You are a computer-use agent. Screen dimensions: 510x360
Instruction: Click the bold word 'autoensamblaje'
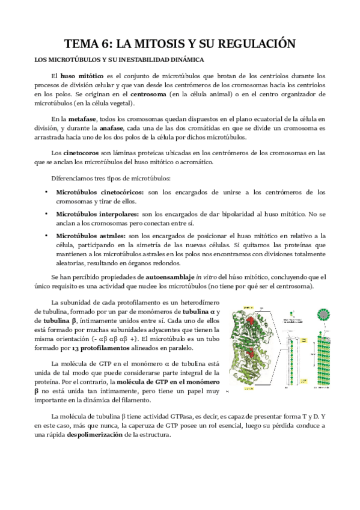pos(170,276)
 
